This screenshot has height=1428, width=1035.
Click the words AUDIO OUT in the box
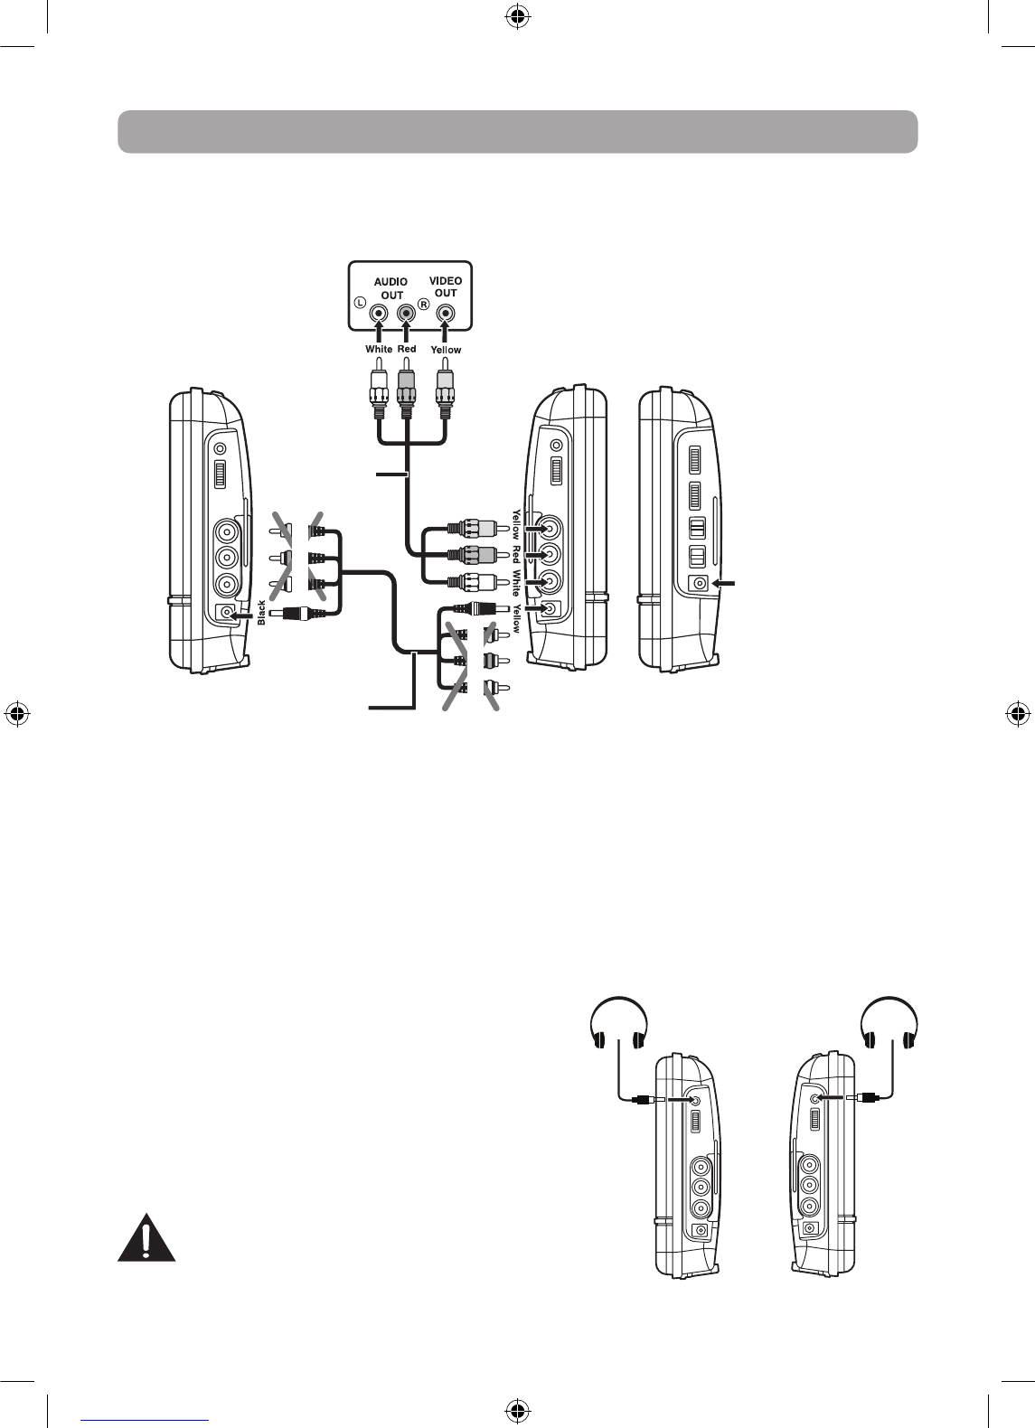(391, 288)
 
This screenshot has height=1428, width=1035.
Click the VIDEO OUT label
(446, 287)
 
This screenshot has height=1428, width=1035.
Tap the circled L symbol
(360, 305)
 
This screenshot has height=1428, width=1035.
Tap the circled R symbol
(423, 305)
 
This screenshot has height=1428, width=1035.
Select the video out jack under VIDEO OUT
(445, 314)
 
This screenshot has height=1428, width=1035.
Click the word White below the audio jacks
(379, 349)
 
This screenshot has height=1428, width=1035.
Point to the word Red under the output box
(407, 349)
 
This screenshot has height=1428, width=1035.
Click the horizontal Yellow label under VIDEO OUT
(446, 350)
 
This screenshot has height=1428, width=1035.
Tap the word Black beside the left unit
(262, 613)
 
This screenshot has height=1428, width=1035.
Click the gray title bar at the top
(518, 132)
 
